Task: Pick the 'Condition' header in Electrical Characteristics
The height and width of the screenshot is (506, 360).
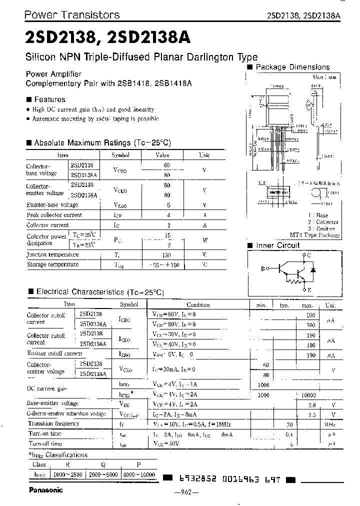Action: (x=198, y=304)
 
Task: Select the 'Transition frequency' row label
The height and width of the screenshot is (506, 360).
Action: (x=53, y=424)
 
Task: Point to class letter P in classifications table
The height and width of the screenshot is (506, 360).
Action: (x=138, y=464)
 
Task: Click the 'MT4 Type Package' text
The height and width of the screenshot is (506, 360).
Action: (x=314, y=234)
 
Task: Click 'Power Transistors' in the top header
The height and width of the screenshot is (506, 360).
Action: (x=72, y=14)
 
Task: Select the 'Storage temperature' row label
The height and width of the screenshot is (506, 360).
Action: (x=52, y=264)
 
